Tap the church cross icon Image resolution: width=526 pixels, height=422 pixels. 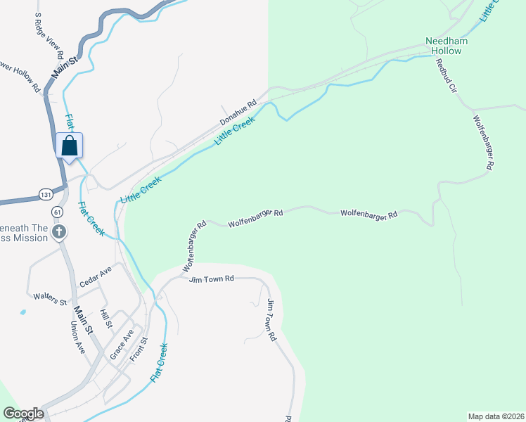[x=60, y=231]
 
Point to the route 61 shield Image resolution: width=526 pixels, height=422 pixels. [x=58, y=211]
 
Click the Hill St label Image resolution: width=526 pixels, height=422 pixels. [x=105, y=319]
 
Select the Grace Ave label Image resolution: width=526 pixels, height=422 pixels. [x=122, y=345]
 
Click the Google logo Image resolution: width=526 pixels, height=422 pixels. [x=23, y=414]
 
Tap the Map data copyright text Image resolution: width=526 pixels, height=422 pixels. [x=496, y=416]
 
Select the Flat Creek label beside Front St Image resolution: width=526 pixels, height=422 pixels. [x=159, y=362]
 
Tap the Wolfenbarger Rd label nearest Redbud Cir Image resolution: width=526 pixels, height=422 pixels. [x=484, y=142]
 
